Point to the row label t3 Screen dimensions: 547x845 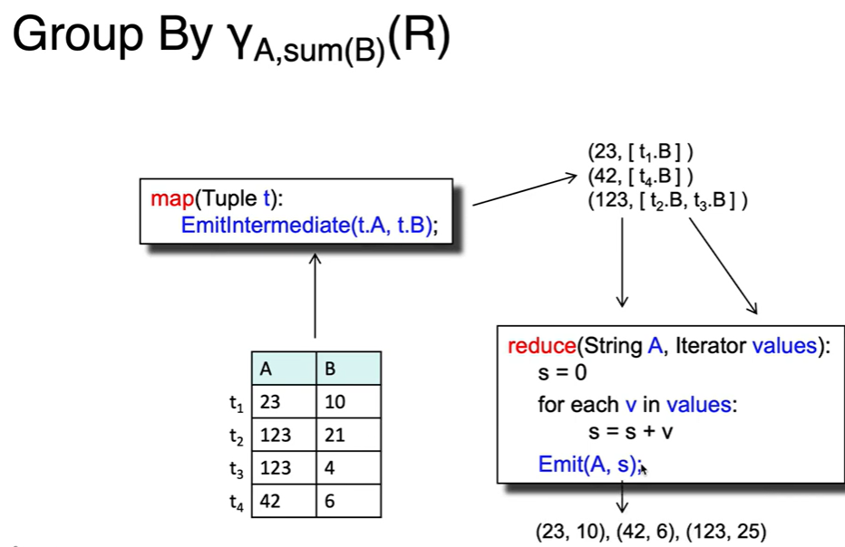[x=236, y=469]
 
